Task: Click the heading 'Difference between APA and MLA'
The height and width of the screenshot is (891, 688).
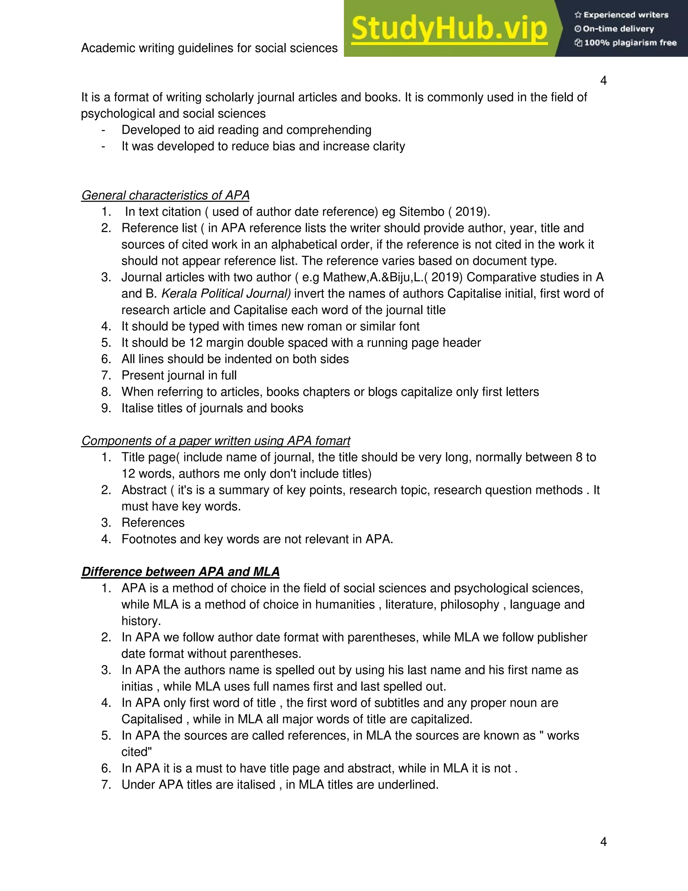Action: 180,572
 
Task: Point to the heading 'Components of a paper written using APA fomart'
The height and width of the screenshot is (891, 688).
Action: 215,440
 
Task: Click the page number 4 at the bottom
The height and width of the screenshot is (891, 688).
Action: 603,841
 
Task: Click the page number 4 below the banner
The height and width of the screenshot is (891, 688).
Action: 603,81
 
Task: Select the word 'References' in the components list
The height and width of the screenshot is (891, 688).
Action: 153,522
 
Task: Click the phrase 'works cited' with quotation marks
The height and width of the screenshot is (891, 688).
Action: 558,736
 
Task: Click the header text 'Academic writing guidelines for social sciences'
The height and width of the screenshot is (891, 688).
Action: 209,48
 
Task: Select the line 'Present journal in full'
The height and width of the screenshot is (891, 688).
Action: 179,375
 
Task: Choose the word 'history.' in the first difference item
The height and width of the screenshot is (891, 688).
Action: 141,621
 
